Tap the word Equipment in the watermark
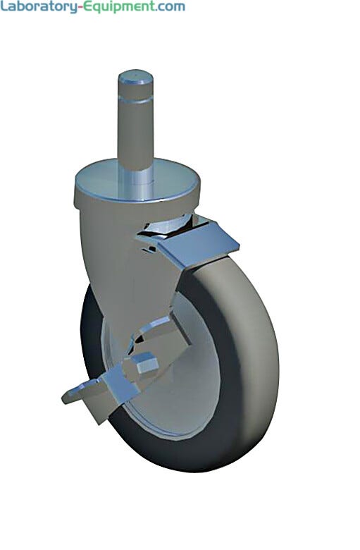click(118, 7)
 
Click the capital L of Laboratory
click(4, 6)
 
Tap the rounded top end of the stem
click(136, 77)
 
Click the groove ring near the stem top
click(136, 100)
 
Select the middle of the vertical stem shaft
click(136, 133)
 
